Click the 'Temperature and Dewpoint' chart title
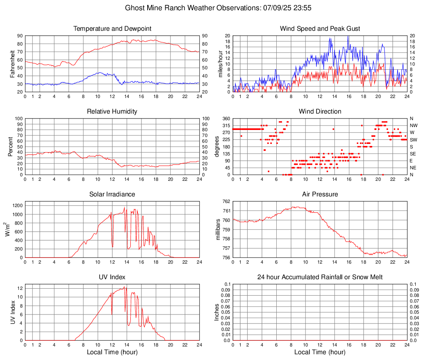pos(112,29)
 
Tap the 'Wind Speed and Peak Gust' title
pos(320,29)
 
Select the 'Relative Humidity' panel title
pos(112,112)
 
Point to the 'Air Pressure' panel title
pos(320,194)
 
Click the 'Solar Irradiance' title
pos(112,194)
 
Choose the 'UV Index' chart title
pos(112,277)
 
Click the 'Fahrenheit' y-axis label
pos(12,64)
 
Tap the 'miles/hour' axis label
pos(220,64)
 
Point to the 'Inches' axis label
pos(217,312)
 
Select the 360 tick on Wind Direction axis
pos(226,118)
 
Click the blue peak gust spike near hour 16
pos(348,37)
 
